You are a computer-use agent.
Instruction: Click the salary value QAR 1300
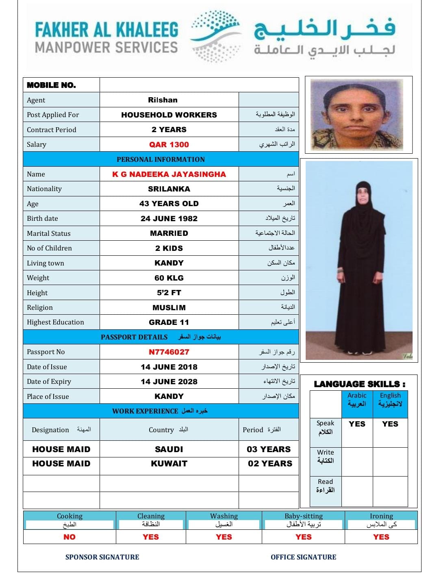[169, 144]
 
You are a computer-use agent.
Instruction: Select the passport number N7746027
[169, 352]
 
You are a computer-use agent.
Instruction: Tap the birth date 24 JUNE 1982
[169, 218]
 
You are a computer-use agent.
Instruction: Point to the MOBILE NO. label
[51, 85]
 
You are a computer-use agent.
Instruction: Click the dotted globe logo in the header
[216, 36]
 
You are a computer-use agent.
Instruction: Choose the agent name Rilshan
[163, 100]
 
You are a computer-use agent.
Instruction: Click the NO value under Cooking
[70, 537]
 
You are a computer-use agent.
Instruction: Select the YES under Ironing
[381, 537]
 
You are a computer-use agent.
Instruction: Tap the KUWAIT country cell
[169, 464]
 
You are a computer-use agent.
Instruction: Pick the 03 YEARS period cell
[269, 449]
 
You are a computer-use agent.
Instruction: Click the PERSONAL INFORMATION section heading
[161, 159]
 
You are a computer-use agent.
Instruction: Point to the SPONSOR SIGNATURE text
[102, 557]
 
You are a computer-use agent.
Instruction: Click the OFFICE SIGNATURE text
[303, 557]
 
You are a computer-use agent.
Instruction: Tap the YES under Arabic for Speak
[357, 424]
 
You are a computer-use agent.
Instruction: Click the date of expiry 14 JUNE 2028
[169, 382]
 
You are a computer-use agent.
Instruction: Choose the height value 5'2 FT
[169, 293]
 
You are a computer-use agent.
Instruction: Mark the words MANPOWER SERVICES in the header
[106, 48]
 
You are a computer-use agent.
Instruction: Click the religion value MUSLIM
[169, 308]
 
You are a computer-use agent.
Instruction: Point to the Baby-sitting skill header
[303, 516]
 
